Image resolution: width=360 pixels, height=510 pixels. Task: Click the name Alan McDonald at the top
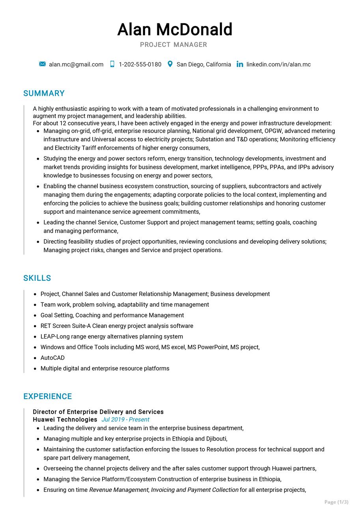point(175,30)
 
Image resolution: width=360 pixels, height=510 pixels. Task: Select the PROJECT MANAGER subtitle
point(173,45)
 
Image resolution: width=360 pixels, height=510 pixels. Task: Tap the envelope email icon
point(43,64)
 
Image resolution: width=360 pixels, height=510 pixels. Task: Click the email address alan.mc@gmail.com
point(76,64)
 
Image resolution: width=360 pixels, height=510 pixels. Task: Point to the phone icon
point(112,64)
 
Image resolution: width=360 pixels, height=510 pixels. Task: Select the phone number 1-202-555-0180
point(140,64)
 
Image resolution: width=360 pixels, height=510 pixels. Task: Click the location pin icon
point(170,64)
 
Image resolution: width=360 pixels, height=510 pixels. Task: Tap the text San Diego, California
point(203,64)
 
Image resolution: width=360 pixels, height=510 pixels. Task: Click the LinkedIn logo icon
point(240,64)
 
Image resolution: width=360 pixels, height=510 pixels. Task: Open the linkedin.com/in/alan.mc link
point(278,64)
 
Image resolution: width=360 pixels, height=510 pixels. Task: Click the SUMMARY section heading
point(44,93)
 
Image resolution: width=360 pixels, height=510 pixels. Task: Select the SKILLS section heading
point(37,278)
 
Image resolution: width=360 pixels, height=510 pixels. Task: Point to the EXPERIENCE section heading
point(48,396)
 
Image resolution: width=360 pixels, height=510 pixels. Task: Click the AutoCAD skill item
point(52,358)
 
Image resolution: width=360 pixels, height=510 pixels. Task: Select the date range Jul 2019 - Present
point(125,420)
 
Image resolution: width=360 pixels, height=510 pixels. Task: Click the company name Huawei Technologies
point(65,420)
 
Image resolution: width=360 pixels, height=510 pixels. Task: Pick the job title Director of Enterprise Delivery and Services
point(98,412)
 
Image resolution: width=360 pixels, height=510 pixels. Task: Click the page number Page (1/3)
point(336,502)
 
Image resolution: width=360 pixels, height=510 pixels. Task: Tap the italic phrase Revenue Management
point(119,490)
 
